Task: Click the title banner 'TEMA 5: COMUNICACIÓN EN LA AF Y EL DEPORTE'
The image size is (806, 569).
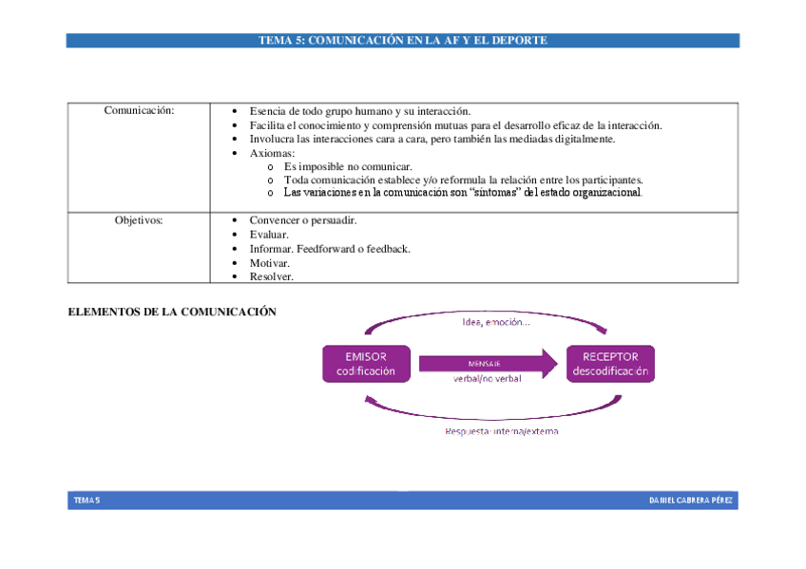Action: tap(402, 41)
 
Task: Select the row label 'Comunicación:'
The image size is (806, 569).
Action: tap(139, 111)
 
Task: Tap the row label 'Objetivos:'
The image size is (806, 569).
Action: tap(139, 220)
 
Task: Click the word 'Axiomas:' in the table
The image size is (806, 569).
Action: tap(272, 153)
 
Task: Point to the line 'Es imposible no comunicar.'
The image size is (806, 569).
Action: tap(348, 166)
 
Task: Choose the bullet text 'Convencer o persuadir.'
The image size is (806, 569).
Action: tap(302, 220)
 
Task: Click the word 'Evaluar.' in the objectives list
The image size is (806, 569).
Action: tap(269, 235)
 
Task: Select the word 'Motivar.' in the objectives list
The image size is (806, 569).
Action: tap(269, 263)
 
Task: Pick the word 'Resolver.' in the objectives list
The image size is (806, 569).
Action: tap(271, 276)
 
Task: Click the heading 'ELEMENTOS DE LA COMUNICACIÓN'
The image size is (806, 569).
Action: tap(172, 312)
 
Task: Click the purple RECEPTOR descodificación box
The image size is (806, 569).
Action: tap(609, 364)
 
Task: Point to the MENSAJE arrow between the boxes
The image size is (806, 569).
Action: tap(487, 363)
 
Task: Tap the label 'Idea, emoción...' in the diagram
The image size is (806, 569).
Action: tap(495, 321)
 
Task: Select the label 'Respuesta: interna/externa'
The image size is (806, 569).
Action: tap(502, 431)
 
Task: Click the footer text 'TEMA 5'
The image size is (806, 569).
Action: tap(86, 500)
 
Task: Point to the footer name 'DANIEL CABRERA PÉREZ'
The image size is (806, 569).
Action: tap(691, 500)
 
